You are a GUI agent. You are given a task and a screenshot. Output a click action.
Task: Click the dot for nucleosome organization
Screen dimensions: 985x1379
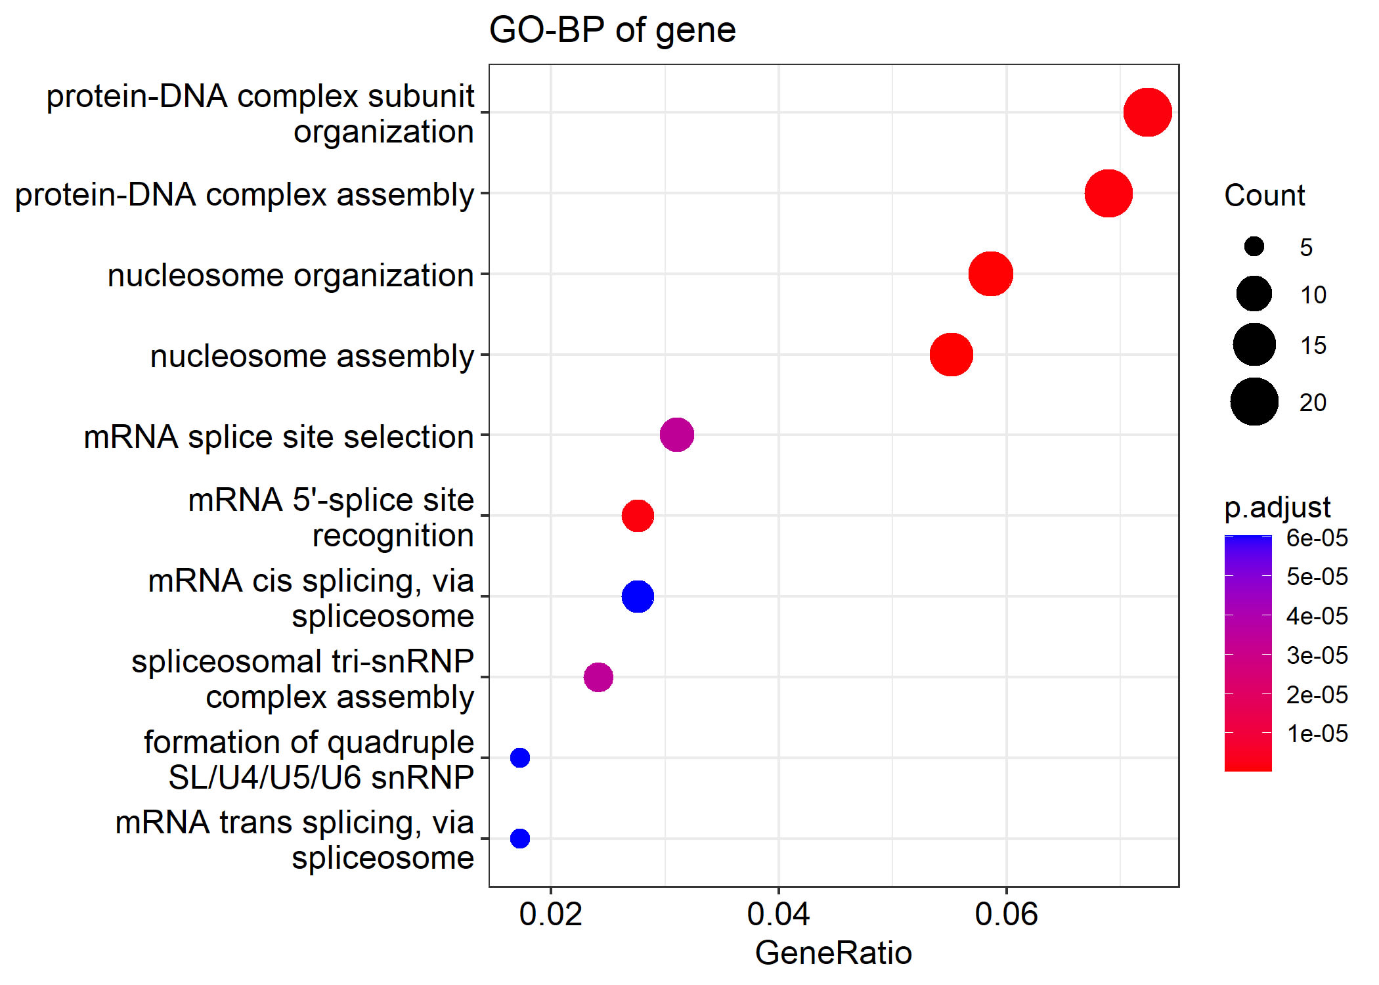click(x=990, y=274)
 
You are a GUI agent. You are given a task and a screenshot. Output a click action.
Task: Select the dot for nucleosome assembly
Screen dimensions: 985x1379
click(x=951, y=355)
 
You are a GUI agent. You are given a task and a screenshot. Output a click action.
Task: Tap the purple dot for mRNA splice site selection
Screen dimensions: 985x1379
click(x=676, y=435)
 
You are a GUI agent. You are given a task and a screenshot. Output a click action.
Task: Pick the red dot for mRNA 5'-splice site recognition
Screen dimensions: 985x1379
click(x=638, y=515)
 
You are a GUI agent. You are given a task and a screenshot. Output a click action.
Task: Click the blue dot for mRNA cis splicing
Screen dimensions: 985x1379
click(x=638, y=596)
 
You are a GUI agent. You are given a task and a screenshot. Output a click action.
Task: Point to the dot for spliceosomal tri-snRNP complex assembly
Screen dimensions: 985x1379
click(x=598, y=677)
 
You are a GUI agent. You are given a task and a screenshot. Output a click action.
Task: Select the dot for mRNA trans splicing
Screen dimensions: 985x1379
click(x=520, y=839)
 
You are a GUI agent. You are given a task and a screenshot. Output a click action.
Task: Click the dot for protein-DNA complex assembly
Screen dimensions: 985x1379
click(x=1108, y=193)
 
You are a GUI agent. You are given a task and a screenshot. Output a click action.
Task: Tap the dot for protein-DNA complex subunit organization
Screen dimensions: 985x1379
click(x=1147, y=112)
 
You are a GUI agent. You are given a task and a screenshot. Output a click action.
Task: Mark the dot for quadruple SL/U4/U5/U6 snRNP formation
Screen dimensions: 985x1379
click(x=520, y=758)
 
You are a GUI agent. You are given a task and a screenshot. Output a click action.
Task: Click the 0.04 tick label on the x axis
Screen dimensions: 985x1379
click(x=778, y=914)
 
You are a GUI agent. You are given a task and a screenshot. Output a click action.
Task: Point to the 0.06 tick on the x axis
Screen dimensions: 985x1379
click(x=1006, y=914)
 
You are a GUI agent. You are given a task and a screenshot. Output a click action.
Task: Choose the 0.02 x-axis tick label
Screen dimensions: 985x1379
click(x=550, y=914)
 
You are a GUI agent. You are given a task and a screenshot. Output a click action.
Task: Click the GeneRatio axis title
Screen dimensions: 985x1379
click(x=833, y=953)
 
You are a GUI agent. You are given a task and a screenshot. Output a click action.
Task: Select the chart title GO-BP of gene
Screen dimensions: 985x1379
click(x=612, y=30)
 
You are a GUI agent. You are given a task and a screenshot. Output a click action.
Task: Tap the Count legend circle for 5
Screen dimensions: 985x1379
click(x=1254, y=247)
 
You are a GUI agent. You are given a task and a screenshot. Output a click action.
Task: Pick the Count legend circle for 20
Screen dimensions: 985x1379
click(x=1254, y=402)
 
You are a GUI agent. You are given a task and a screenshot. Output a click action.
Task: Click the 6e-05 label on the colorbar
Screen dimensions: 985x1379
click(x=1317, y=538)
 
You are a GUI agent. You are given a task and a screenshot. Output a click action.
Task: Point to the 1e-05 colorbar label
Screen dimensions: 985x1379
click(x=1317, y=733)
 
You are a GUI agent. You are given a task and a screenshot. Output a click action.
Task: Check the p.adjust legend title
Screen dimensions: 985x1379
click(x=1277, y=508)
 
